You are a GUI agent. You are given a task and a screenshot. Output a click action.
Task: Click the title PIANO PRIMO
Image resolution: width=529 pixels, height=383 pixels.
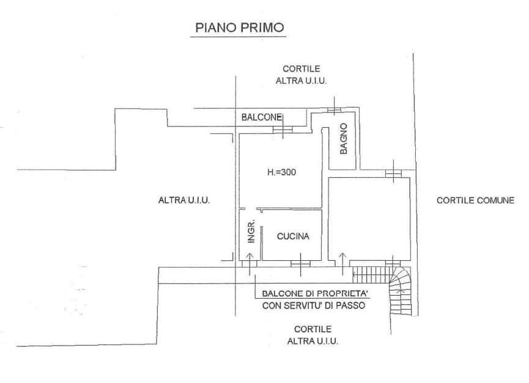point(239,27)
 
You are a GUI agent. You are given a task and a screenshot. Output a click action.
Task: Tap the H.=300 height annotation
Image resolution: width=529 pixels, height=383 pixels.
point(281,173)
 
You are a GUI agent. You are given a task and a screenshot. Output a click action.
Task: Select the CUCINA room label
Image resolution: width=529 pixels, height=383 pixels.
point(293,236)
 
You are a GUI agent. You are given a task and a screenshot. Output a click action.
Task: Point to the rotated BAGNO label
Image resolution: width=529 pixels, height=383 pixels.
point(344,139)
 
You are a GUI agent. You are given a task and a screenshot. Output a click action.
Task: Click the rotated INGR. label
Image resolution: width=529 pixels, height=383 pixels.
point(251,233)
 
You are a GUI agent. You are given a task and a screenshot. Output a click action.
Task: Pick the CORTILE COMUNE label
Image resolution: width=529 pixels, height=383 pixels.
point(475,200)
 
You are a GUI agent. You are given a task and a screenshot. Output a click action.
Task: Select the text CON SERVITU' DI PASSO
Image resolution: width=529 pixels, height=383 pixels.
point(313,305)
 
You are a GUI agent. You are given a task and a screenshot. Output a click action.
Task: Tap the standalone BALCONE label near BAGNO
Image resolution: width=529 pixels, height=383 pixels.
point(261,117)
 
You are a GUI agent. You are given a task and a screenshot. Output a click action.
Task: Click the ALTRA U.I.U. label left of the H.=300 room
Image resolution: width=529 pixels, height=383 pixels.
point(184,200)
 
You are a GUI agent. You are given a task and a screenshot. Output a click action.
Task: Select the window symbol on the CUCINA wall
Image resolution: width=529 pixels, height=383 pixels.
point(300,263)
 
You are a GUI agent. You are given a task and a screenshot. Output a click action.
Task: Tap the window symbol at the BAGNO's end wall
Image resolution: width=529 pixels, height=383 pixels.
point(335,109)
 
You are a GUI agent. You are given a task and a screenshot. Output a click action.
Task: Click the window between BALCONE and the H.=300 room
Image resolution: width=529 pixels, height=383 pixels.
point(282,130)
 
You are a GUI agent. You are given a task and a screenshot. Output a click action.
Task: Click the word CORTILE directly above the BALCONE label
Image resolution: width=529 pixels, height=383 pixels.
point(301,69)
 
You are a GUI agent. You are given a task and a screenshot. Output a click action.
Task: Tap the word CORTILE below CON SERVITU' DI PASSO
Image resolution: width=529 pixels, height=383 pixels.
point(313,328)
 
